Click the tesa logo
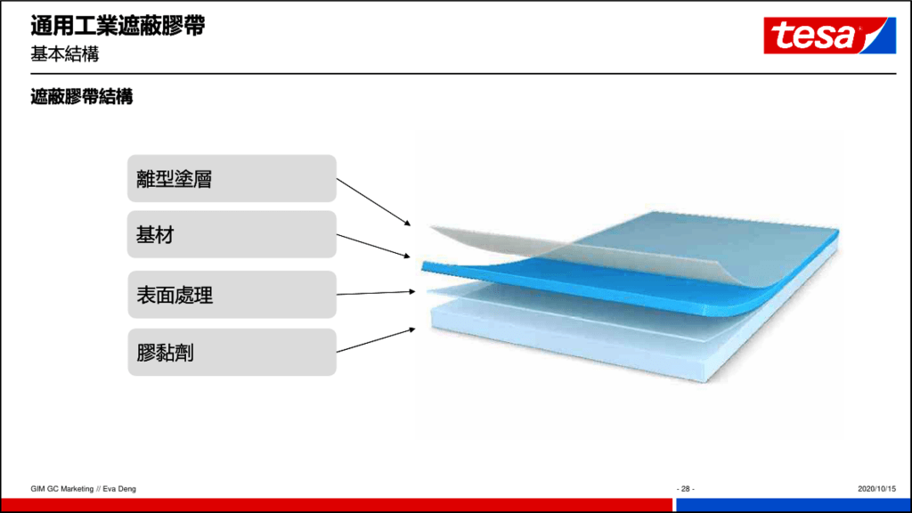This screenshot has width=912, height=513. [829, 36]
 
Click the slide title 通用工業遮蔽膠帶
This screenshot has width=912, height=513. [118, 26]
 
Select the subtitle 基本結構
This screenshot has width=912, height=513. [64, 54]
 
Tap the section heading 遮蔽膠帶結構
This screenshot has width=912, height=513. [81, 96]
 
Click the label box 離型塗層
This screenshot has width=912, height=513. [232, 178]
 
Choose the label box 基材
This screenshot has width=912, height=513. [232, 234]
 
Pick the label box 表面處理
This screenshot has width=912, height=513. [232, 294]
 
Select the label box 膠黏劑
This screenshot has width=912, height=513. [232, 352]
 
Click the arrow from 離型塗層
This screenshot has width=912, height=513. [373, 202]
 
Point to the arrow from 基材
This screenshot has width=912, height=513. [373, 246]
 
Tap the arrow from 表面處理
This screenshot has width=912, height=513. [376, 292]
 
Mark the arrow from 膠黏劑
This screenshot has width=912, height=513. [376, 340]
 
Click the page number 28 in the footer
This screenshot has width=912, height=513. [685, 489]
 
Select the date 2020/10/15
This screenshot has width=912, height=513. [876, 489]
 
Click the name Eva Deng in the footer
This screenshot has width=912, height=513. [119, 489]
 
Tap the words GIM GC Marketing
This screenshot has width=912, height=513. [61, 489]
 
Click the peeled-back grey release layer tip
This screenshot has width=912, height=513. [434, 229]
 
